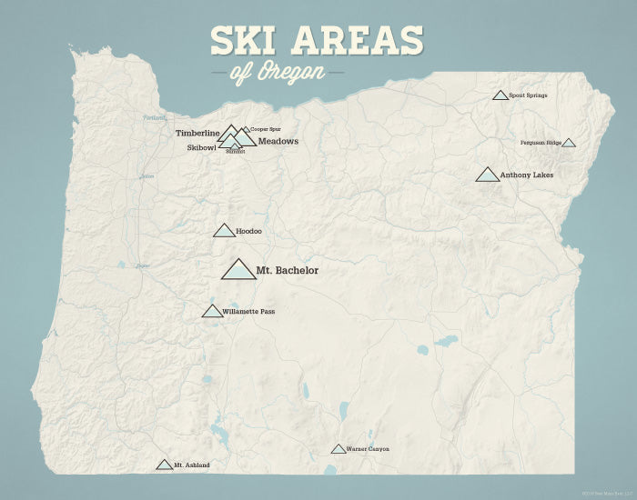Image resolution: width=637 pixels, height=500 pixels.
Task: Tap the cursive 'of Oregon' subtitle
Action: (278, 72)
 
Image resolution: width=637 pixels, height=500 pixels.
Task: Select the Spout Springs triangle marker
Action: (500, 95)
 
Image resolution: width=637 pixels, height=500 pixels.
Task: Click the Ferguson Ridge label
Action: (540, 143)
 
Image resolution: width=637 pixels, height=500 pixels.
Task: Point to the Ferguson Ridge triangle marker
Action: (568, 143)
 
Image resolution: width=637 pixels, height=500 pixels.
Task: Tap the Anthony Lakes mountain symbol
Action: (488, 175)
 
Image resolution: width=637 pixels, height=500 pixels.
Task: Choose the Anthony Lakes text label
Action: (527, 175)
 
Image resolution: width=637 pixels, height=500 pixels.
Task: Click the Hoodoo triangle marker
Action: (224, 231)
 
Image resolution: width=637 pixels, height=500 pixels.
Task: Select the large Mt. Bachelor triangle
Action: (238, 270)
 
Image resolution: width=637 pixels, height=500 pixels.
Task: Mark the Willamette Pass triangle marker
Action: (212, 312)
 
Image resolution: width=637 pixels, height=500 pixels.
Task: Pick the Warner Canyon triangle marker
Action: (339, 449)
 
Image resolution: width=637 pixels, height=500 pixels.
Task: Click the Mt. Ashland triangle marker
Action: (164, 465)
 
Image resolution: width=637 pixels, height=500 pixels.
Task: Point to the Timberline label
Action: (197, 133)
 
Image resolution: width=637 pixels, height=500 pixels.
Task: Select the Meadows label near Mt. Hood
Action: (278, 141)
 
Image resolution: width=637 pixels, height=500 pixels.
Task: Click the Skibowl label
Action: (201, 146)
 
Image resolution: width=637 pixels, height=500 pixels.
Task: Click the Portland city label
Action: (155, 119)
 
